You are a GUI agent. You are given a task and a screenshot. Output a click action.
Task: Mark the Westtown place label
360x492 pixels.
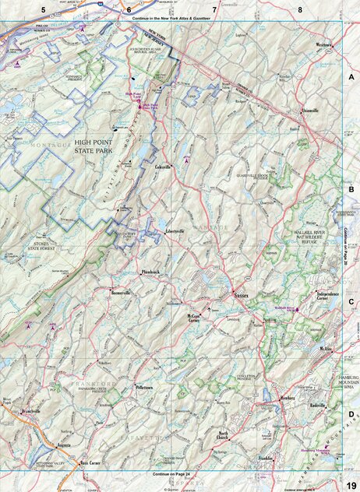(324, 45)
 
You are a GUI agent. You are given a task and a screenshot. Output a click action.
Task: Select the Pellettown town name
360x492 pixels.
(146, 386)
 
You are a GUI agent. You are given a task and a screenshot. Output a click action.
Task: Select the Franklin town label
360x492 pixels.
(266, 459)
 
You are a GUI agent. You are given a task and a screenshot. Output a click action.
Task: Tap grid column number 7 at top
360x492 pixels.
(214, 9)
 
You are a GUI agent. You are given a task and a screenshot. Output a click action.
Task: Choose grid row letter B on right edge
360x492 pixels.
(351, 188)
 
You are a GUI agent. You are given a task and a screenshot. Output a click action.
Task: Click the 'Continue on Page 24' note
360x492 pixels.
(172, 474)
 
